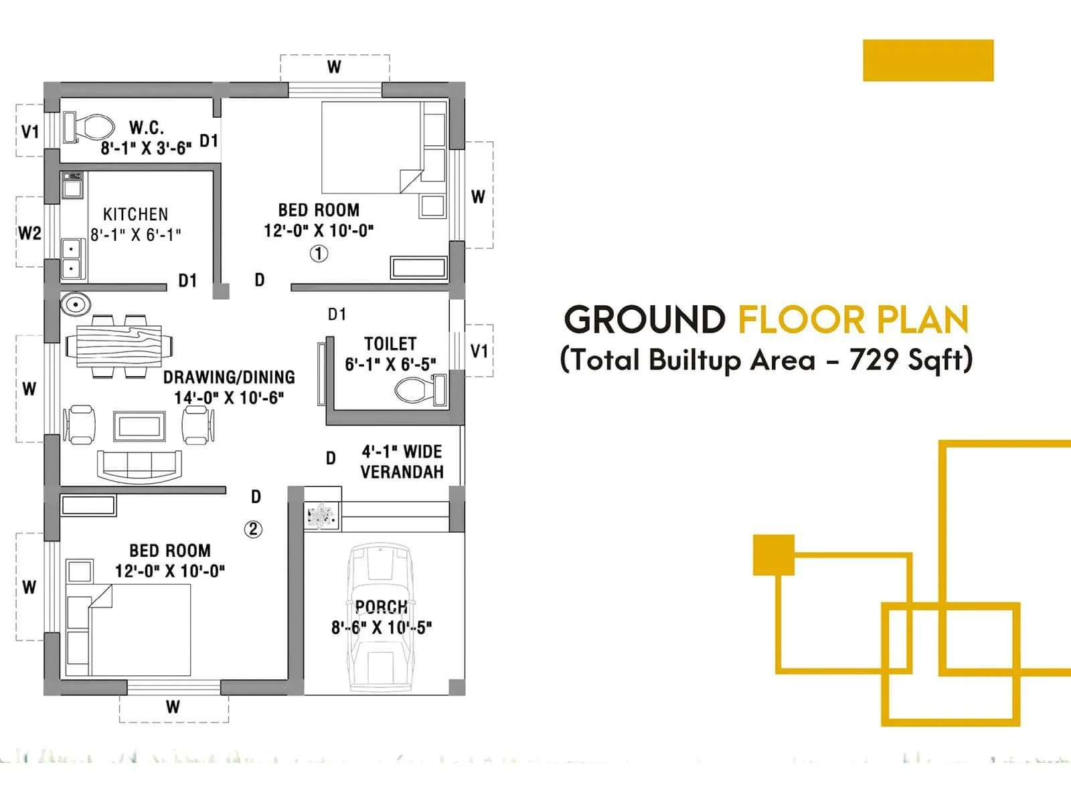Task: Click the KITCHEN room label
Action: (135, 214)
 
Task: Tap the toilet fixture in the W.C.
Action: (90, 126)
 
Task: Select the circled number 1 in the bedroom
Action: (319, 254)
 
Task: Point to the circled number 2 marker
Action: (252, 529)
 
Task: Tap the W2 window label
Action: (29, 233)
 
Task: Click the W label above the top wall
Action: (334, 67)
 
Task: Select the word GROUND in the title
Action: (645, 319)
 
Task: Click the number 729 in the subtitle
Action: (874, 360)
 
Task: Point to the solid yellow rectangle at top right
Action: (928, 60)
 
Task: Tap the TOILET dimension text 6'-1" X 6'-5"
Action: (390, 364)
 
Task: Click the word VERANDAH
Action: (402, 472)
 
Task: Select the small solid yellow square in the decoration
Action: (773, 555)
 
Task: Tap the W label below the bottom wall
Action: (173, 707)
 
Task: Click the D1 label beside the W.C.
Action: (209, 141)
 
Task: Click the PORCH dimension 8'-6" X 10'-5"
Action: (382, 628)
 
